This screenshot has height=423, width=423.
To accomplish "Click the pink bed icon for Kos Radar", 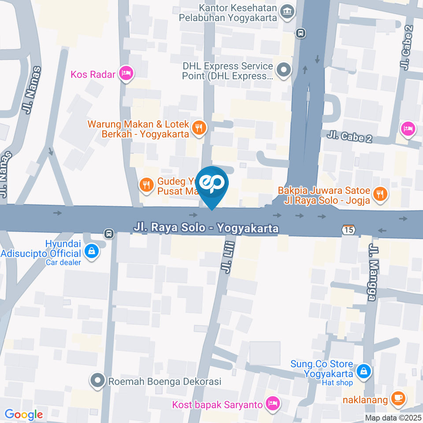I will click(x=126, y=74).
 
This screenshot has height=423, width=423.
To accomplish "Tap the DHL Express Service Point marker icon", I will click(x=283, y=69).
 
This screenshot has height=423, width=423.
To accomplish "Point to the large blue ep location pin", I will click(x=212, y=184).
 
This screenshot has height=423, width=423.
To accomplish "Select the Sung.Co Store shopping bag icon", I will click(x=364, y=371).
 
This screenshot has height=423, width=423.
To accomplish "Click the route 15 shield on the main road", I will click(x=349, y=230).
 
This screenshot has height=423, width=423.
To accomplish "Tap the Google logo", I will click(x=23, y=414).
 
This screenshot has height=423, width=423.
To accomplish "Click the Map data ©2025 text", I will click(x=393, y=418).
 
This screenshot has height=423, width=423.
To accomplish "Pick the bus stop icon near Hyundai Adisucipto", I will click(x=108, y=233).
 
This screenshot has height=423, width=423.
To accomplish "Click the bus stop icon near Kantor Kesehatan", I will click(x=301, y=33).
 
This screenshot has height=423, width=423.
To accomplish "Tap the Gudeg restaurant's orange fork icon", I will click(x=146, y=185).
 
